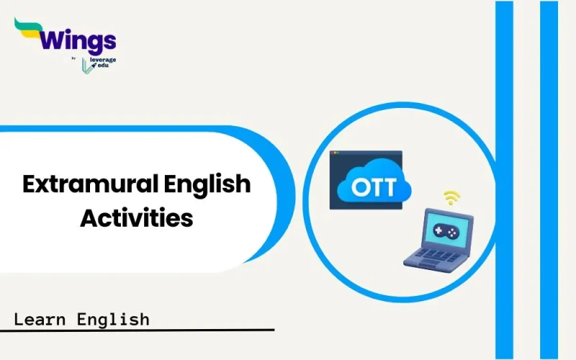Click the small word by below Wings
click(75, 58)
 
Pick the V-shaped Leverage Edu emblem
click(87, 64)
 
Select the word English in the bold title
click(210, 184)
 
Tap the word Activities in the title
click(136, 217)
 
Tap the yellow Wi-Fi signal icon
click(452, 197)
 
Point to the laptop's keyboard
click(433, 255)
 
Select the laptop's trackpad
click(421, 264)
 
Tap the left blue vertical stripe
click(504, 180)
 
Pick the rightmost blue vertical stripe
click(549, 180)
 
